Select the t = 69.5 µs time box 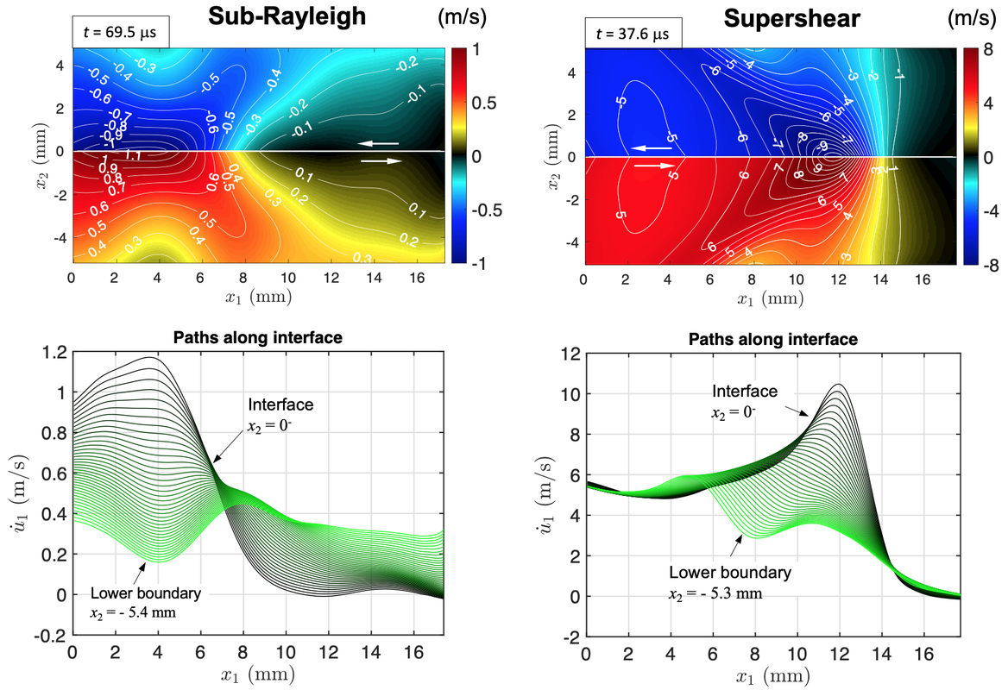119,32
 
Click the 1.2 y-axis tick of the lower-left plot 54,352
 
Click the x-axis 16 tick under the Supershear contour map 920,280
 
